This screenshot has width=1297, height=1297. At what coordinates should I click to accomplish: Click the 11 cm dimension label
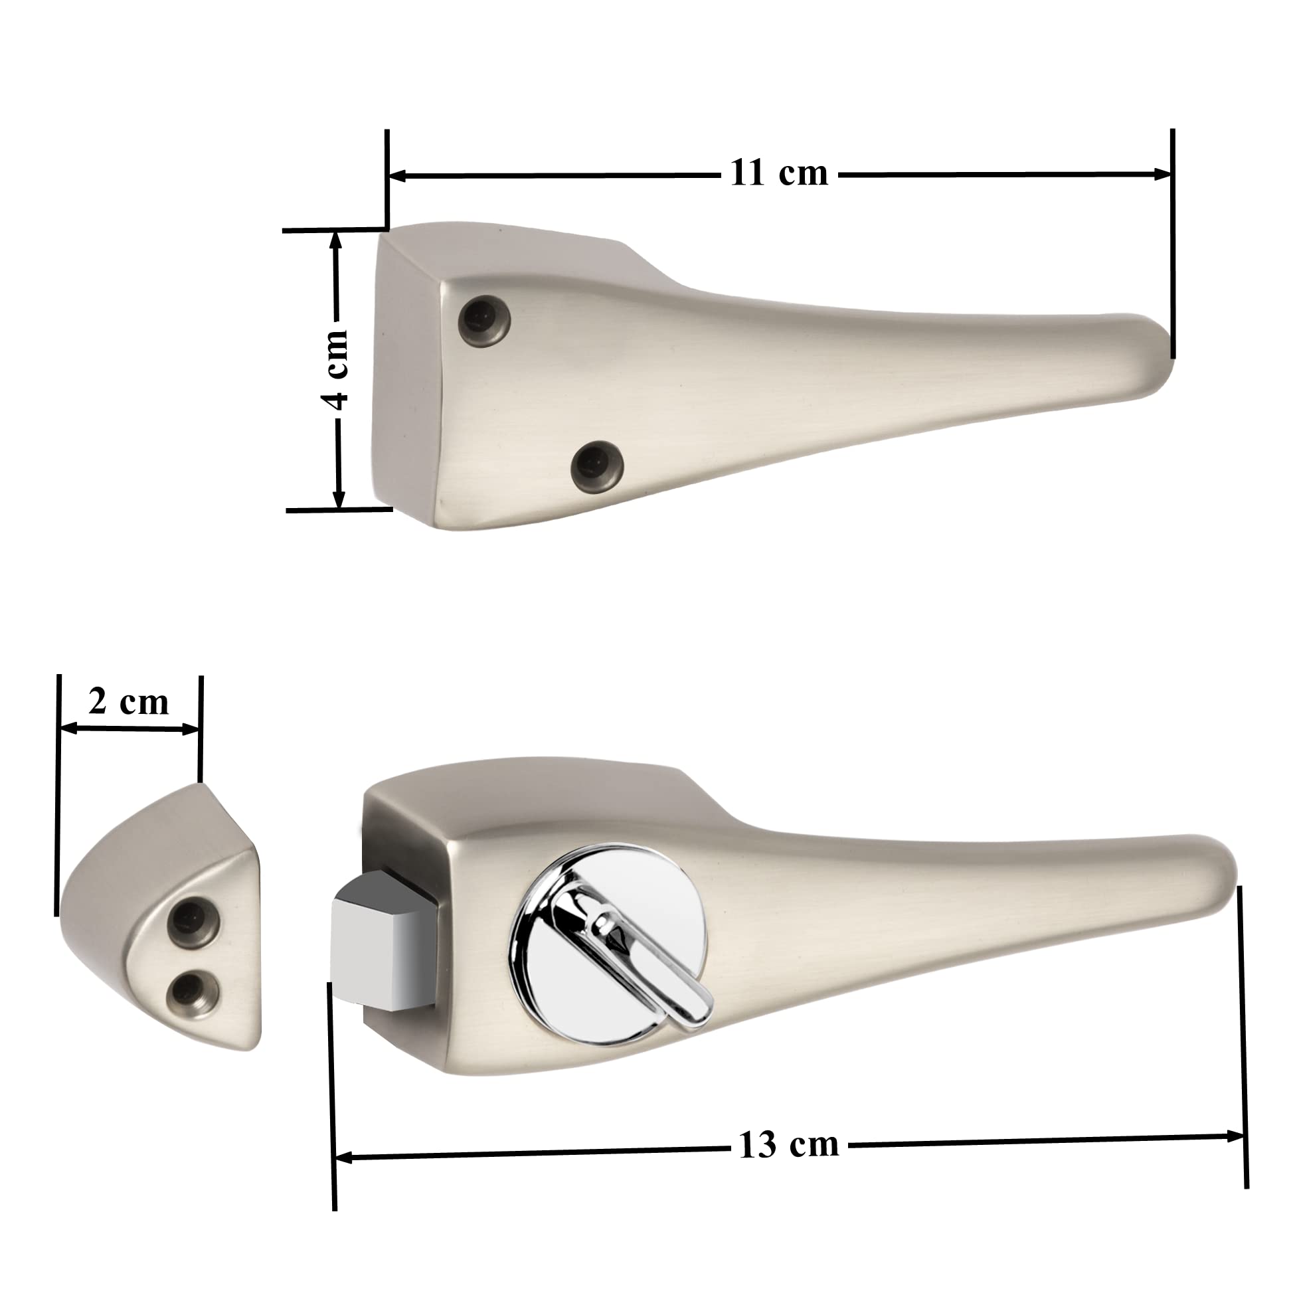tap(779, 173)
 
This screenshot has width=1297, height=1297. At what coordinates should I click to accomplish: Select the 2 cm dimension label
tap(128, 702)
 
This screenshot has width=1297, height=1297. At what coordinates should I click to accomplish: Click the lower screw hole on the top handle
tap(597, 466)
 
